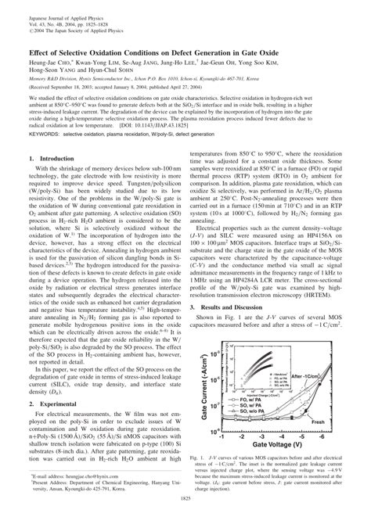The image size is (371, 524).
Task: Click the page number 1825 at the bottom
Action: coord(185,515)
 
